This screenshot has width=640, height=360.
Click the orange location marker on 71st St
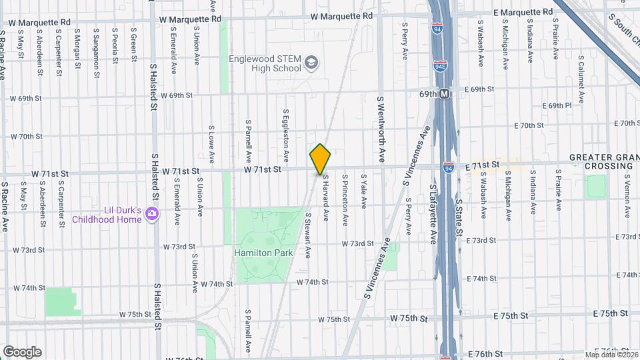tap(320, 159)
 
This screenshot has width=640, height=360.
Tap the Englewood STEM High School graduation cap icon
tap(311, 63)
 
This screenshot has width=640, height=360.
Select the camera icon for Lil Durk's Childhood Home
tap(153, 214)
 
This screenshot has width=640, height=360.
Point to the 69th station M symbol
tap(445, 95)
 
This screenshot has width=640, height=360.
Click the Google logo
tap(22, 351)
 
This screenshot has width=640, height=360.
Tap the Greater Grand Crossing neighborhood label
tap(604, 161)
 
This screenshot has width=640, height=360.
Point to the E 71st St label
tap(482, 164)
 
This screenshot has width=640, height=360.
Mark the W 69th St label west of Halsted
tap(26, 99)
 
